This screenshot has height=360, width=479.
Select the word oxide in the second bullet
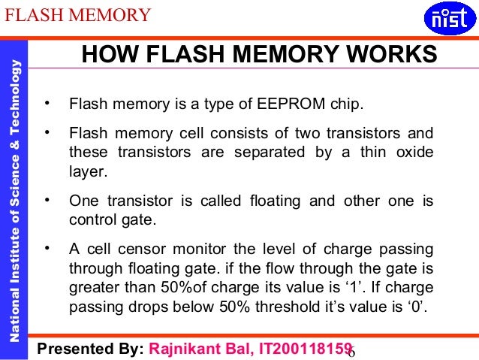click(413, 153)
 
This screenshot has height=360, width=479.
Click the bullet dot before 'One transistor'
click(48, 201)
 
